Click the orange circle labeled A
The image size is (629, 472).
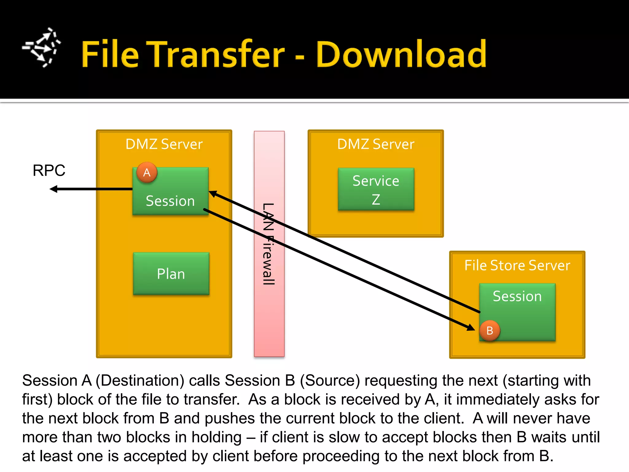coord(147,172)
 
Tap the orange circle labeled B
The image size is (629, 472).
coord(490,331)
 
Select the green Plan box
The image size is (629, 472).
coord(171,273)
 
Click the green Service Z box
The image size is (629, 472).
coord(376,189)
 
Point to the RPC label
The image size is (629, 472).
coord(49,170)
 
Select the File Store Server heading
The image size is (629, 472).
coord(517,265)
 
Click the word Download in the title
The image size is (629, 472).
coord(401,54)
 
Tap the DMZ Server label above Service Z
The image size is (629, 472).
coord(376,144)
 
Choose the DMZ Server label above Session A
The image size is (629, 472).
coord(164,144)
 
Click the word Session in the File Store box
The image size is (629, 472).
coord(517,296)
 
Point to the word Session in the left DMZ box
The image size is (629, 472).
coord(170,201)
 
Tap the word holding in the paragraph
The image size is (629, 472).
coord(217,437)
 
